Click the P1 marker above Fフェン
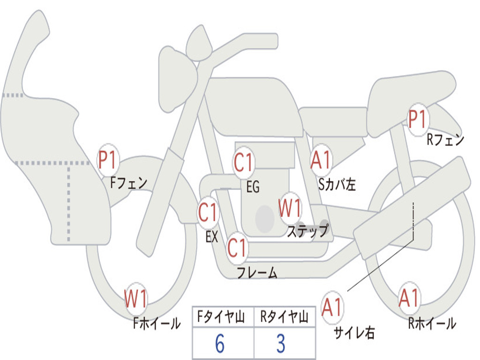click(109, 160)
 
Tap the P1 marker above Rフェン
click(417, 120)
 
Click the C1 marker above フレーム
click(237, 247)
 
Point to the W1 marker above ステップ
click(290, 208)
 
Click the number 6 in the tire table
click(220, 344)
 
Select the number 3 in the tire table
click(281, 344)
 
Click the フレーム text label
click(257, 272)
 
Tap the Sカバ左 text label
click(337, 185)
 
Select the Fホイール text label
click(157, 323)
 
